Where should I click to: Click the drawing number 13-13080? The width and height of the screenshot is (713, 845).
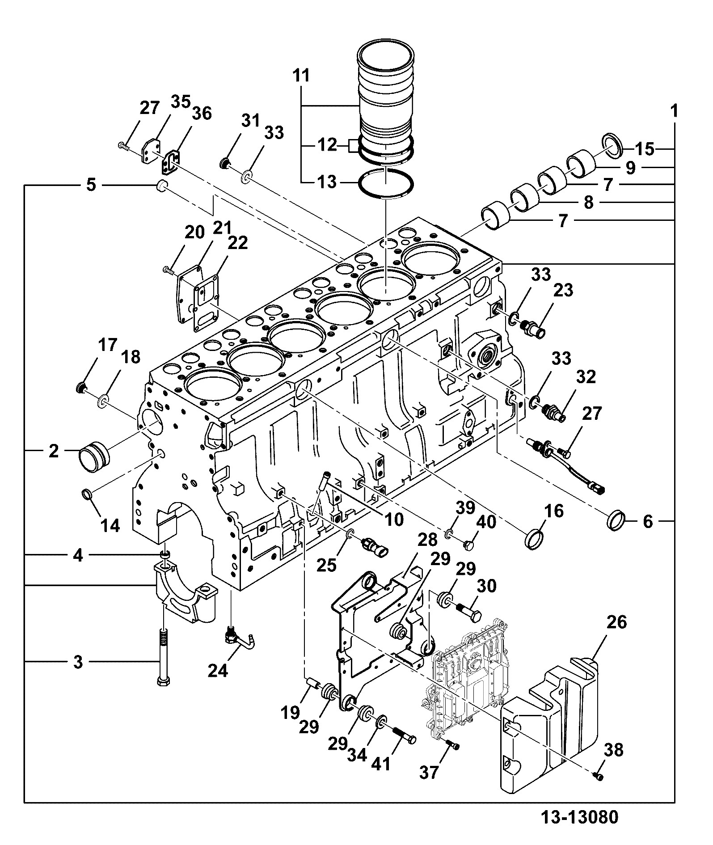(x=580, y=817)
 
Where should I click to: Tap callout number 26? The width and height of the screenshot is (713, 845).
(x=617, y=622)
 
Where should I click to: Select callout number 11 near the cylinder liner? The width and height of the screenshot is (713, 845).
(x=302, y=76)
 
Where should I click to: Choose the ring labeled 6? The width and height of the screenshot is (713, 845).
(x=616, y=520)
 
